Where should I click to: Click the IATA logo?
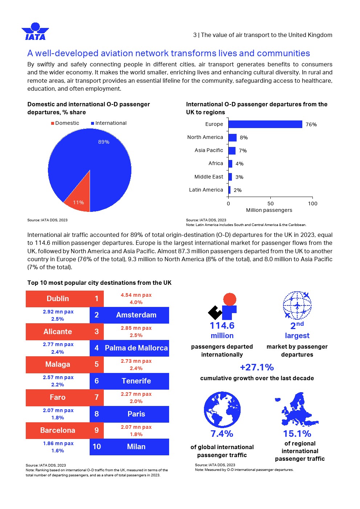point(35,32)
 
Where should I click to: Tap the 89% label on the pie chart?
point(103,142)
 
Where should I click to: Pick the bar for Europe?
point(265,124)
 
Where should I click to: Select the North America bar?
point(232,137)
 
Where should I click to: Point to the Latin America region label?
point(206,190)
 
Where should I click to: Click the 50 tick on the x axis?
point(270,204)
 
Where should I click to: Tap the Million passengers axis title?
point(269,210)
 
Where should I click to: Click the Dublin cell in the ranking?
point(58,299)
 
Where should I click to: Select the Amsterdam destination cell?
point(136,315)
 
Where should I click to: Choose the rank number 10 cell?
point(97,447)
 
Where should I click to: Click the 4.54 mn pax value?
point(136,295)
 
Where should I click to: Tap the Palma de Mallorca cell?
point(136,348)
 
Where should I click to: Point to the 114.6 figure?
point(222,325)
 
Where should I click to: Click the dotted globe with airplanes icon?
point(297,305)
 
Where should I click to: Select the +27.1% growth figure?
point(257,367)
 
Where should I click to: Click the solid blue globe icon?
point(222,409)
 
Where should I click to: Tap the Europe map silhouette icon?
point(298,409)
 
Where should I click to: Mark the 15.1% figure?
point(297,434)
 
